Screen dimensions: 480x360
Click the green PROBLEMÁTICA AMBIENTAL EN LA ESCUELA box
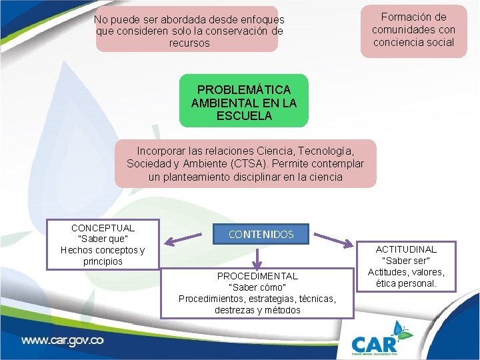(243, 101)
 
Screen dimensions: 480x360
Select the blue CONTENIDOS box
(261, 234)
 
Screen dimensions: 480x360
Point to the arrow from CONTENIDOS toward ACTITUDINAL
(335, 241)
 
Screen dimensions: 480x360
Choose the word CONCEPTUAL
(103, 228)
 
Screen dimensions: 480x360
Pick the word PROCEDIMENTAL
(257, 276)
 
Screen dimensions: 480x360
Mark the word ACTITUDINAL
(409, 249)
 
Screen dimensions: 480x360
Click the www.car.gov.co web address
(63, 340)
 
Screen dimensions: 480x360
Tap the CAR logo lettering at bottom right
(375, 343)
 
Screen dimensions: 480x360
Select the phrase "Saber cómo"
(257, 287)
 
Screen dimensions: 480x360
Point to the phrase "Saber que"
(103, 239)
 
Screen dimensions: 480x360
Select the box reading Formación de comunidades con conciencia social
(413, 30)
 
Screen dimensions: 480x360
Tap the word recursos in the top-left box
(189, 43)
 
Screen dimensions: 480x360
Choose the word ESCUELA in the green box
(244, 115)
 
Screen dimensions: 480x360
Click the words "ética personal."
(409, 283)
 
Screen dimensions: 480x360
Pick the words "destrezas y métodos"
(257, 310)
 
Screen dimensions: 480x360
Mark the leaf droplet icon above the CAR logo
(402, 329)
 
